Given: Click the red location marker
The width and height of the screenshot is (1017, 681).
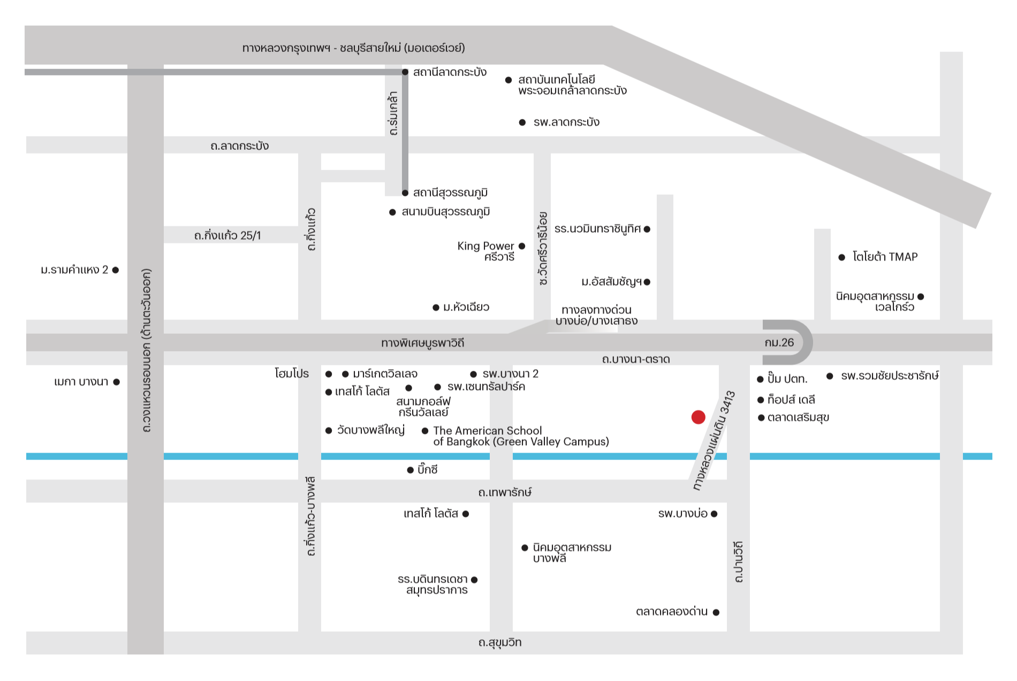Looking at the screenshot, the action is click(x=698, y=417).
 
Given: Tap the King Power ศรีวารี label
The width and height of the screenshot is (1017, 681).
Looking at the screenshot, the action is click(x=485, y=251).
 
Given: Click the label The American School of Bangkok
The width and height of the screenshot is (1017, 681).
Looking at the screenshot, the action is click(x=521, y=436).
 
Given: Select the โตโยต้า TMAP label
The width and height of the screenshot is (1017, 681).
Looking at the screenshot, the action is click(x=885, y=257).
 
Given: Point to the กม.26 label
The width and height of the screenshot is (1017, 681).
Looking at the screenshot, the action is click(x=779, y=342).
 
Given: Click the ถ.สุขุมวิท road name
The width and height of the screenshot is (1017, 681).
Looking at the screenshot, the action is click(x=500, y=642).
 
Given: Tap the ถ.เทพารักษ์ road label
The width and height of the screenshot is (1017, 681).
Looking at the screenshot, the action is click(x=505, y=492).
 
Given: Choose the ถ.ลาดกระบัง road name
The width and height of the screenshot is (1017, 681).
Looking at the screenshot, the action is click(x=239, y=146).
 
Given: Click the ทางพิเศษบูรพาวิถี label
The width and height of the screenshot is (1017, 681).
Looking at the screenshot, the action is click(x=422, y=343).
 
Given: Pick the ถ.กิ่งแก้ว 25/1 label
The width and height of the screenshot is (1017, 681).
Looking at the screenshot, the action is click(x=227, y=235).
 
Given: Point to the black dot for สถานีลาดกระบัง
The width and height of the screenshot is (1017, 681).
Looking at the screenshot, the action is click(x=405, y=72).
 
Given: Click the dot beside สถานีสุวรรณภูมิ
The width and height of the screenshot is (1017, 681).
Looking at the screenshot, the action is click(x=405, y=193).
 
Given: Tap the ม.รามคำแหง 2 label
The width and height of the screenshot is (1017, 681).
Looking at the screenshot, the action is click(x=74, y=270).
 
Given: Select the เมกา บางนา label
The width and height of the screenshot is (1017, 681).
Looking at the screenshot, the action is click(x=81, y=382).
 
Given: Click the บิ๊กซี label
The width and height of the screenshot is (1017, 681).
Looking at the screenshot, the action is click(x=428, y=470).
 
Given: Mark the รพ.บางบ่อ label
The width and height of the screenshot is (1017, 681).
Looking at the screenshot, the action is click(x=683, y=514).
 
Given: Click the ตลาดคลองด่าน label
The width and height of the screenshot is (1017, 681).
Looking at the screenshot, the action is click(x=672, y=611).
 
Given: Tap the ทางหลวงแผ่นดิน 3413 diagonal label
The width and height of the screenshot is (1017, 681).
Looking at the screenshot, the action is click(x=714, y=441).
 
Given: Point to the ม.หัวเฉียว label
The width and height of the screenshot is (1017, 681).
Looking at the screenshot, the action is click(x=466, y=307).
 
